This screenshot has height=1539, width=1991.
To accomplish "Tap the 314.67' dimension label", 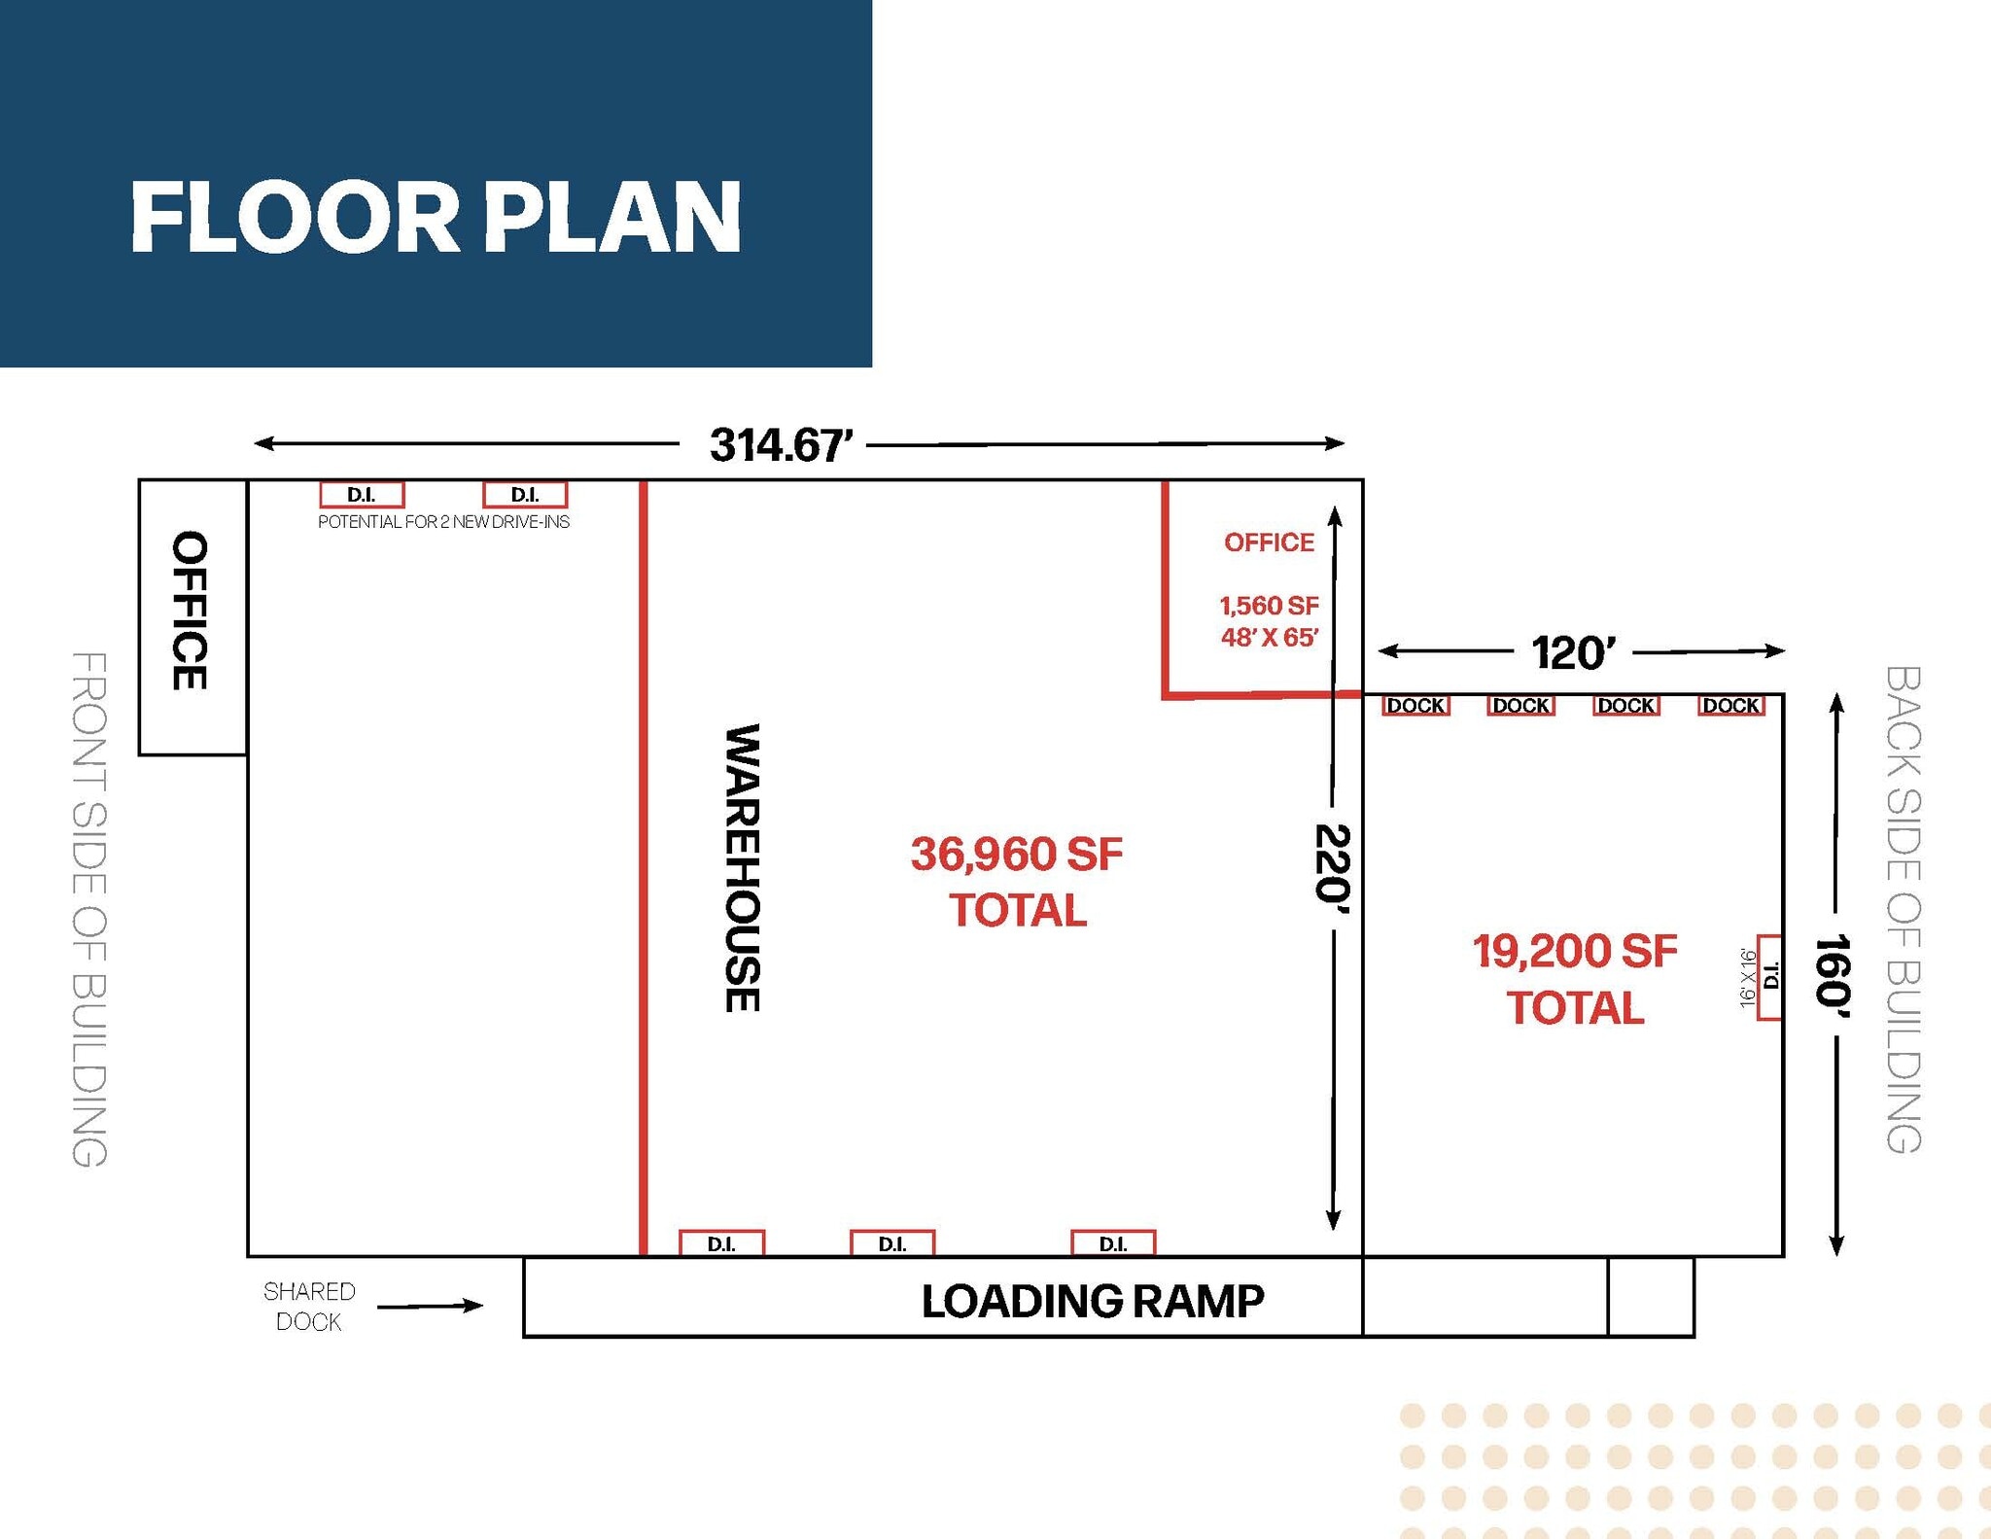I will (781, 445).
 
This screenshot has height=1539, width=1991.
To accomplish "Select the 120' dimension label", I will (1572, 653).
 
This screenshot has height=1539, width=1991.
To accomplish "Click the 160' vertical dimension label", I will (1834, 975).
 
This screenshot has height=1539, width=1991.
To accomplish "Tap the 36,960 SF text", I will (1016, 855).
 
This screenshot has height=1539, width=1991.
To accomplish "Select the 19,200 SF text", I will (1574, 952).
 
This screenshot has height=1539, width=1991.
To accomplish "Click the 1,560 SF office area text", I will (1269, 606).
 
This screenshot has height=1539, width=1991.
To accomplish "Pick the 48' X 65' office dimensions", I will (1269, 638).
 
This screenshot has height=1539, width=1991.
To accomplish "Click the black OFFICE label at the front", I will (190, 611).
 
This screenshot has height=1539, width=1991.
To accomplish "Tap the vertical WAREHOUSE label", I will (743, 867).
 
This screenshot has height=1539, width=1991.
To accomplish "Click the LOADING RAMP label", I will (1092, 1301).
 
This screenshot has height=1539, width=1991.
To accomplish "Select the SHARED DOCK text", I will (309, 1306).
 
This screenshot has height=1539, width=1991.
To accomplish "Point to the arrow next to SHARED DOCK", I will (430, 1306).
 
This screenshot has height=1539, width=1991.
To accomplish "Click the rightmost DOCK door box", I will (1730, 706).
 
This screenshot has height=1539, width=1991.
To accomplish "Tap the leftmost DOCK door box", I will (1415, 706).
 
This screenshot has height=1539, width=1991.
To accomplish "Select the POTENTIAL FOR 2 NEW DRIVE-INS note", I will (443, 522).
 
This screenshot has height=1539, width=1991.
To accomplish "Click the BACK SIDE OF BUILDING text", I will (1903, 909).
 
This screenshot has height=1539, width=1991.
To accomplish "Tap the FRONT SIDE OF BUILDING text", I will (89, 909).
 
